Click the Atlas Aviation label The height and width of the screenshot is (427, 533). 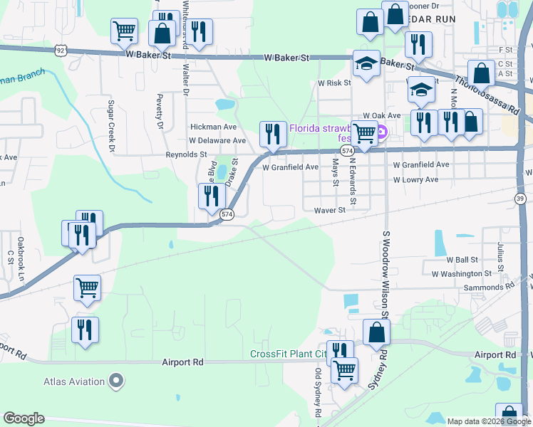tap(74, 381)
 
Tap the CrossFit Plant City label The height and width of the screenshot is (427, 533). tap(288, 354)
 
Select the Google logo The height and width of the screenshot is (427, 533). tap(24, 418)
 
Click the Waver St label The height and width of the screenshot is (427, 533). tap(329, 210)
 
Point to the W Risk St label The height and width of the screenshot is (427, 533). tap(334, 83)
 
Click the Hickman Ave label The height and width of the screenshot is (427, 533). tap(213, 127)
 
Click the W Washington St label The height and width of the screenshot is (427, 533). tap(461, 273)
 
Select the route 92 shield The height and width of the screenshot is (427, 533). tap(63, 50)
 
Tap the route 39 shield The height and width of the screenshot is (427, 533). tap(521, 198)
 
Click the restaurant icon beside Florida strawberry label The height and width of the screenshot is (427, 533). tap(271, 132)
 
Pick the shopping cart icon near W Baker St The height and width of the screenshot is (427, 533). tap(124, 31)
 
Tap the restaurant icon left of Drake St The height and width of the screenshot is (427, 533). tap(211, 195)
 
